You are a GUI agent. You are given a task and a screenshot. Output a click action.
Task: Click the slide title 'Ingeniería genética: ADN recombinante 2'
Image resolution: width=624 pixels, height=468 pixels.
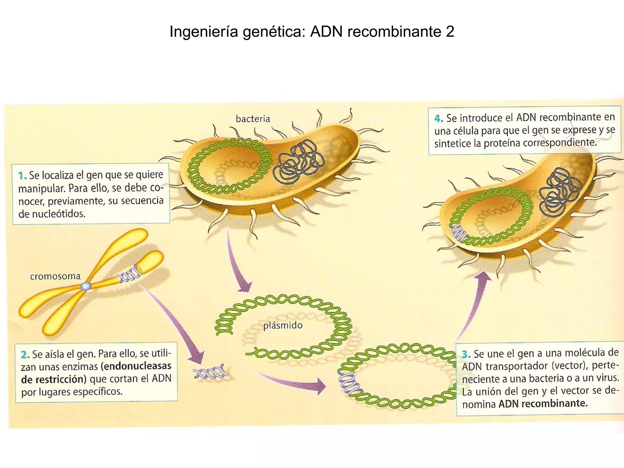312,32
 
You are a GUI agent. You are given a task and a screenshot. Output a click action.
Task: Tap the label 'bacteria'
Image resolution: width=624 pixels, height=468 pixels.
253,119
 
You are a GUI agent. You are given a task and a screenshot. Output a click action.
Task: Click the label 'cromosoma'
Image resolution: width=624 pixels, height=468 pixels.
55,276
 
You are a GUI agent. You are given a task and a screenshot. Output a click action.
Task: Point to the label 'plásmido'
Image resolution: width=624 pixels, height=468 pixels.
283,325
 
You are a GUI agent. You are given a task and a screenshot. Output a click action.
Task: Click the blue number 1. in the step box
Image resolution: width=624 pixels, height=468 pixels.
22,176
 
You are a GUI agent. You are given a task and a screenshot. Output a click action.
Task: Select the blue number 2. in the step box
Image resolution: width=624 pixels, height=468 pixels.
25,355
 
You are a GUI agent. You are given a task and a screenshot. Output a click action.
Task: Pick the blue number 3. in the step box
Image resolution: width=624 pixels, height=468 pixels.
466,354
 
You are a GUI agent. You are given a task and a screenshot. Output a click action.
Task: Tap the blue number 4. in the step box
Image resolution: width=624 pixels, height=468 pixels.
438,119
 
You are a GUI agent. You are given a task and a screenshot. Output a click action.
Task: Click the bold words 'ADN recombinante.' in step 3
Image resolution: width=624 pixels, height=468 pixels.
543,404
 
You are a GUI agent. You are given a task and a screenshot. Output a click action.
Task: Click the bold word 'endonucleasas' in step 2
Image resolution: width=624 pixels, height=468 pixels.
138,366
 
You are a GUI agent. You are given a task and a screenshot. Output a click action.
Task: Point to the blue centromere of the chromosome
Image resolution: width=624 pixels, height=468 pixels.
86,286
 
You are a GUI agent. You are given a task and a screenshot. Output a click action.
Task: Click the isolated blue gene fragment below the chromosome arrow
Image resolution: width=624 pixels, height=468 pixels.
210,372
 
